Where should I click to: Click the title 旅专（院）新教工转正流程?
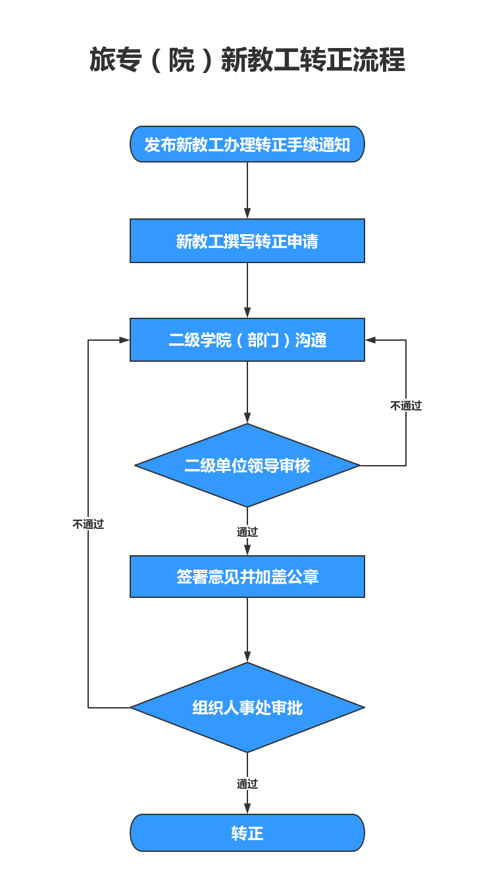tap(247, 60)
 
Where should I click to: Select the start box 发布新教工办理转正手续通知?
tap(247, 144)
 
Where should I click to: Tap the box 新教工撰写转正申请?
tap(247, 241)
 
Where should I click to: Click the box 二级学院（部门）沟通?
tap(247, 339)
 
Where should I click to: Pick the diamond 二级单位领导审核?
tap(247, 465)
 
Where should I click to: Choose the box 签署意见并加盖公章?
tap(247, 576)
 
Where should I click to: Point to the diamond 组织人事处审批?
tap(247, 708)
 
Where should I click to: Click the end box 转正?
tap(247, 833)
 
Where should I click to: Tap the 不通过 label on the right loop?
tap(406, 406)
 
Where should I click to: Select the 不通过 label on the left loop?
tap(88, 524)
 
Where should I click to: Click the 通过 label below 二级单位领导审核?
tap(247, 532)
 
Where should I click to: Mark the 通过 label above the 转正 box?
tap(247, 783)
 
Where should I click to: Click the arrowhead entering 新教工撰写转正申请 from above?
tap(247, 213)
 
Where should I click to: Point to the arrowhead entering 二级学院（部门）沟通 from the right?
tap(370, 339)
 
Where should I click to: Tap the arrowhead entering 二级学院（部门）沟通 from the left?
tap(124, 339)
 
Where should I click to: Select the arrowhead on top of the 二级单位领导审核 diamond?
tap(247, 418)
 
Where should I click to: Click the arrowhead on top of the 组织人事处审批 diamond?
tap(247, 657)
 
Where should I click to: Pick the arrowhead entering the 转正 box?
tap(247, 808)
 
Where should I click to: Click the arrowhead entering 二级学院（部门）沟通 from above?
tap(247, 312)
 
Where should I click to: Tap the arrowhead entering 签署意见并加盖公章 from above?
tap(247, 550)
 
